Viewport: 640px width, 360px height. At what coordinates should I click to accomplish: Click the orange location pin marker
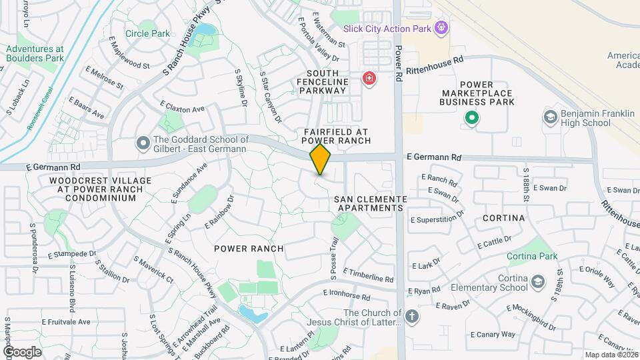321,159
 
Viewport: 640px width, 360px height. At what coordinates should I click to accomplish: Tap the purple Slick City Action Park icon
440,27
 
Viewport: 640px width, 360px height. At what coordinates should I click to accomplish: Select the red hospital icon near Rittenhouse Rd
369,79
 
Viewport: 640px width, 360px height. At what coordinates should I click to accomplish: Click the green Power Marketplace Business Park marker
472,118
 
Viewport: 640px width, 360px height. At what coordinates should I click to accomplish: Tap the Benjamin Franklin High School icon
550,117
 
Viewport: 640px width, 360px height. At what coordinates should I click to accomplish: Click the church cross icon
412,316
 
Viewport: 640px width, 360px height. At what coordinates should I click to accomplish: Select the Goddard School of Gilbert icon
142,143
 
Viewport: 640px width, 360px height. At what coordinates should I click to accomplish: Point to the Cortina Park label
531,256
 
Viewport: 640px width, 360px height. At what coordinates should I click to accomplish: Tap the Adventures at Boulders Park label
35,53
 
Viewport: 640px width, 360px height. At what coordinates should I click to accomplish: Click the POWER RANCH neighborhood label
249,249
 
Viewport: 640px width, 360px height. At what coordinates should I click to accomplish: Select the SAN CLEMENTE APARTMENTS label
370,203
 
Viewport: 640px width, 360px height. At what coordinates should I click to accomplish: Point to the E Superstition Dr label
437,217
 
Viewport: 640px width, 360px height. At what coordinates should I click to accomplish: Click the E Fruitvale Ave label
65,321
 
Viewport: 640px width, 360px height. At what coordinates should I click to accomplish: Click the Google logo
23,352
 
